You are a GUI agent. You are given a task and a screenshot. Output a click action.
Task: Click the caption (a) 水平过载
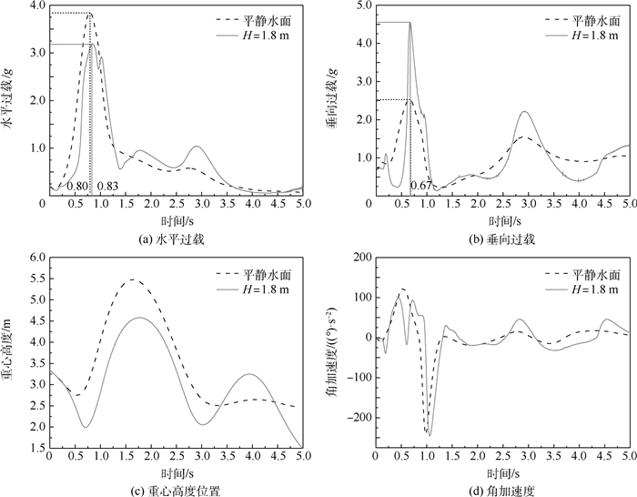(173, 239)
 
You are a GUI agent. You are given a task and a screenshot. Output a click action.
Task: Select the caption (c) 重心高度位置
(173, 490)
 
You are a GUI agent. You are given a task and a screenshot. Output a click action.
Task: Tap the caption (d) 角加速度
(501, 490)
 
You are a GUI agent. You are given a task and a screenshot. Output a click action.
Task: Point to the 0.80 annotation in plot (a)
(77, 186)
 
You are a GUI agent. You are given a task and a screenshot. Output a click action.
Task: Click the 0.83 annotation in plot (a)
(108, 186)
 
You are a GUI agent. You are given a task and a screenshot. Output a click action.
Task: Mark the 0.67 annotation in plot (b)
(420, 186)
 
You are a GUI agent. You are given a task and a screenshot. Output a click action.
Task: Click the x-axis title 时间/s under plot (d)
(501, 472)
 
